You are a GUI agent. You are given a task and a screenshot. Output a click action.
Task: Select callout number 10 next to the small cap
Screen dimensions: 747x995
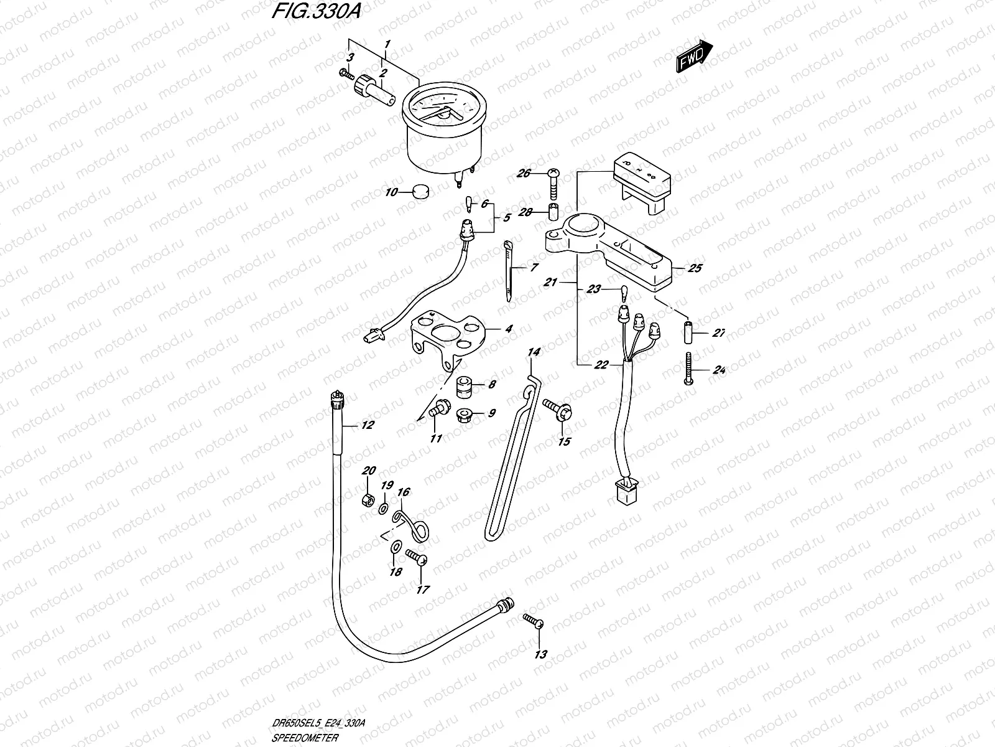click(x=391, y=192)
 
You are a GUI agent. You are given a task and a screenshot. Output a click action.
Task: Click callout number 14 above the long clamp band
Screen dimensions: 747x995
click(x=534, y=352)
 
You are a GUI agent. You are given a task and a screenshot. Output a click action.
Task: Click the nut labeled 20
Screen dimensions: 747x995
click(x=368, y=500)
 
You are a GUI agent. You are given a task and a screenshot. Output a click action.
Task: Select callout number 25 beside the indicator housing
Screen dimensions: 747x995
click(x=695, y=268)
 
